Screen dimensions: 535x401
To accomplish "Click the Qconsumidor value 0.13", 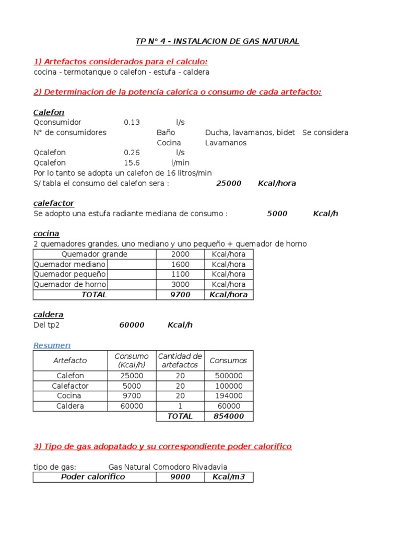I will pos(132,122).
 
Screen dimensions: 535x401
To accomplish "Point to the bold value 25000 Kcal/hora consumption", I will pos(229,183).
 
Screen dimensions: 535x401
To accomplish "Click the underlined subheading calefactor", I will pos(54,203).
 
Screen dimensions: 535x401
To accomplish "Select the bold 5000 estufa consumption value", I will pos(277,214).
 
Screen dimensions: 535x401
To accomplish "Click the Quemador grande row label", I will pos(95,254).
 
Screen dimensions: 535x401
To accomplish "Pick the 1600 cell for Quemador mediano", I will pos(181,264).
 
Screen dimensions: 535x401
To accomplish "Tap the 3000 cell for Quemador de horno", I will pos(181,285).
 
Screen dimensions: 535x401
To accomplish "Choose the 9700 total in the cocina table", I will pos(181,295).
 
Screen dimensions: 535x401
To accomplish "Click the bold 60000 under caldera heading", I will pos(132,325).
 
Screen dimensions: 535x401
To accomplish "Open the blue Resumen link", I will pos(52,345).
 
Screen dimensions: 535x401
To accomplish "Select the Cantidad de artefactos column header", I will pos(180,360).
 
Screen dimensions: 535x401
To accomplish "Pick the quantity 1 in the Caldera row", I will pos(180,406).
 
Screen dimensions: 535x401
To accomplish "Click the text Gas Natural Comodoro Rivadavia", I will pos(168,467).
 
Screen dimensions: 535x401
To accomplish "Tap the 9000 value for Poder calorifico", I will pos(181,477).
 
